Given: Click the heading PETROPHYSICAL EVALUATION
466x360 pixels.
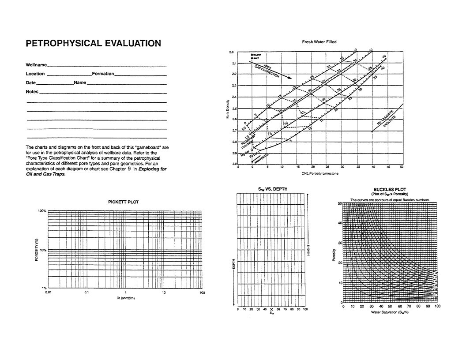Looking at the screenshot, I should (x=93, y=43).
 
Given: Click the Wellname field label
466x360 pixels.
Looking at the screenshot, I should (x=36, y=65).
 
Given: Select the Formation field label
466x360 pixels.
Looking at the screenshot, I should (x=103, y=74).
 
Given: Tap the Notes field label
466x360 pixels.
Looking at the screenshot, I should (x=32, y=92).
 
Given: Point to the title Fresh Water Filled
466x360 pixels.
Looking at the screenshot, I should (x=319, y=42).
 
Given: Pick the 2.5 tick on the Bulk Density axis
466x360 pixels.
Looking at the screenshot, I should (x=234, y=108).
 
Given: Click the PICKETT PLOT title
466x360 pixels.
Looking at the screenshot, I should (x=124, y=202).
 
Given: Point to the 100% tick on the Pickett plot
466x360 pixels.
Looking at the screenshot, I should (x=42, y=211).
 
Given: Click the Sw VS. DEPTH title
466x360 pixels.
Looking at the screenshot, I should (x=272, y=189).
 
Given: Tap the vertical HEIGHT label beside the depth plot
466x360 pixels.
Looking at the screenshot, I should (x=309, y=250).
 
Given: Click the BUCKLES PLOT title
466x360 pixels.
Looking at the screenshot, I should (x=389, y=190).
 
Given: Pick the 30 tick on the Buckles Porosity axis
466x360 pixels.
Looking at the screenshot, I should (x=339, y=243).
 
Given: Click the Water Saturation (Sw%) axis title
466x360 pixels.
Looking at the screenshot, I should (x=390, y=312).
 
